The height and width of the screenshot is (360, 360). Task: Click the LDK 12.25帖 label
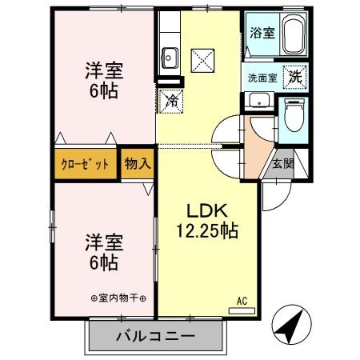point(207,220)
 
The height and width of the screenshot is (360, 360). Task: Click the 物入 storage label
point(137,163)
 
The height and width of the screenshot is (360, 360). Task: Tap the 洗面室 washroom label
point(261,78)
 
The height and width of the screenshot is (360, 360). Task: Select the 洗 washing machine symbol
point(294,78)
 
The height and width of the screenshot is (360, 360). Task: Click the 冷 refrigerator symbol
point(171,100)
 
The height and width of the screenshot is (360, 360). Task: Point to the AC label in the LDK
point(241,302)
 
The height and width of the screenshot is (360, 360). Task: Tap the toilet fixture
point(293,113)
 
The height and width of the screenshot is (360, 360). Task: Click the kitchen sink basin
point(170,57)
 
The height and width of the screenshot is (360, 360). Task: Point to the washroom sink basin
point(258,102)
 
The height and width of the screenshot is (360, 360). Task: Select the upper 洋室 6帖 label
point(103,79)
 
